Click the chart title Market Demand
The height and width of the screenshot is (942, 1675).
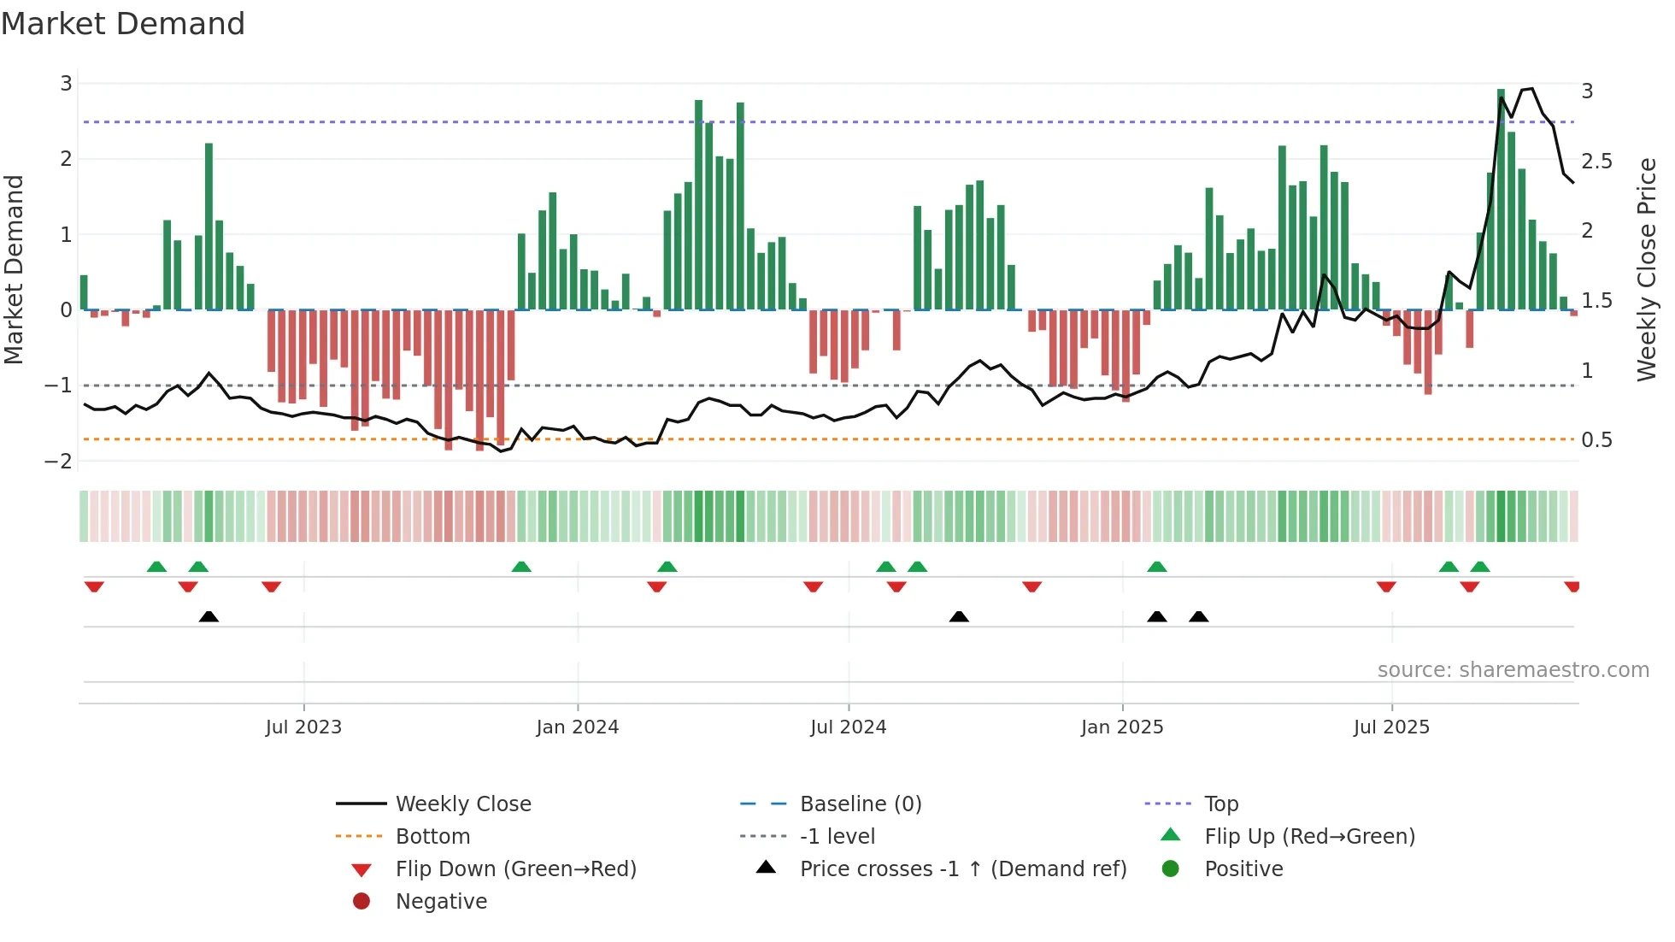pos(123,24)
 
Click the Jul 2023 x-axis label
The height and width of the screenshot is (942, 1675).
pos(303,727)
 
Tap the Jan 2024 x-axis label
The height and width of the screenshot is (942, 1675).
pos(578,727)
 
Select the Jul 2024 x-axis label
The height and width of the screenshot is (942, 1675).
pos(849,727)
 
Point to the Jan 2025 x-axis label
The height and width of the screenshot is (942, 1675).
pos(1122,727)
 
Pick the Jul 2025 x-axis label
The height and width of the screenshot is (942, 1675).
pos(1391,727)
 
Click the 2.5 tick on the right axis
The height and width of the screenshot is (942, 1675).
pos(1596,162)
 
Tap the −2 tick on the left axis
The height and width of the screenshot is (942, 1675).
pos(59,462)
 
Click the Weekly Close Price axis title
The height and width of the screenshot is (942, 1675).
pos(1647,269)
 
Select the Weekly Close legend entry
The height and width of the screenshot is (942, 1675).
pos(462,804)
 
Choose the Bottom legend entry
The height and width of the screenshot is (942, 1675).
pos(432,837)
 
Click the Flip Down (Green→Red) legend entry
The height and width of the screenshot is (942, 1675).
pos(515,869)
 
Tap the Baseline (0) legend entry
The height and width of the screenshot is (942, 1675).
pos(860,804)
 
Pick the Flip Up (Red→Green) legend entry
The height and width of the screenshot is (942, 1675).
pos(1309,837)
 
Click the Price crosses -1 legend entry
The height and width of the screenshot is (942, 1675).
pos(962,869)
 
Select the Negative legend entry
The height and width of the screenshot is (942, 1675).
pos(441,902)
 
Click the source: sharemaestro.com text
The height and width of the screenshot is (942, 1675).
pos(1513,670)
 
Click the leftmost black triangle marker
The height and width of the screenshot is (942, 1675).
pos(209,617)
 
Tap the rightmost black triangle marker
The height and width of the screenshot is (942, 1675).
pos(1199,617)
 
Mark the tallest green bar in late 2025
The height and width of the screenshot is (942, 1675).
pos(1501,199)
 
